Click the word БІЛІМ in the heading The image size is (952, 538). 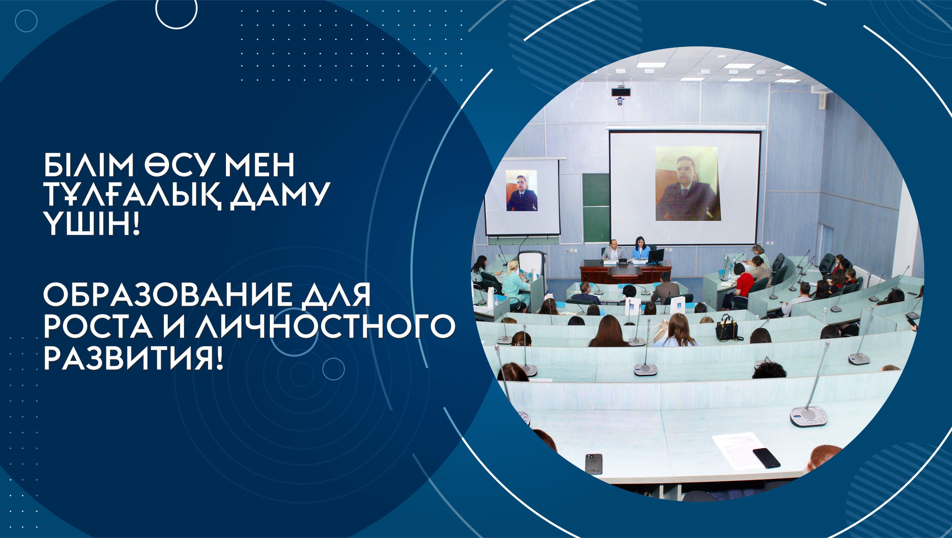tap(88, 165)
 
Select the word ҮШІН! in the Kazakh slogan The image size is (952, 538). tap(91, 224)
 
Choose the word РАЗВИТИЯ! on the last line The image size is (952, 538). tap(133, 358)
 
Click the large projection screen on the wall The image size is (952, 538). tap(684, 187)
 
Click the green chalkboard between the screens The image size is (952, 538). tap(596, 208)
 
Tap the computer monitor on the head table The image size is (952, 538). tap(656, 257)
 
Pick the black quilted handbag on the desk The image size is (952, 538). tap(728, 328)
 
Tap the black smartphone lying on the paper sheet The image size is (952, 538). tap(766, 458)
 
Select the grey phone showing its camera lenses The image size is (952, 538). tap(594, 464)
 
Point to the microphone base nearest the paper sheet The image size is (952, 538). tap(809, 416)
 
